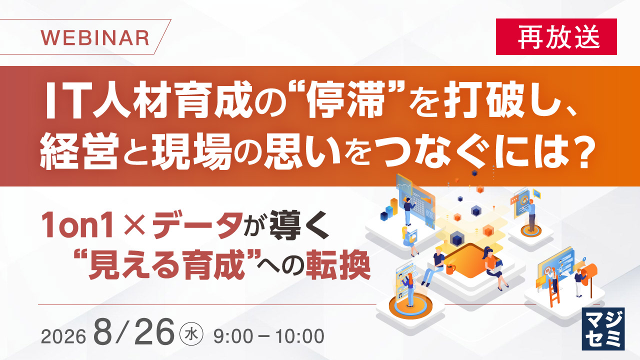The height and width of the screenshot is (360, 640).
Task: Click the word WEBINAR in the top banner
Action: point(95,37)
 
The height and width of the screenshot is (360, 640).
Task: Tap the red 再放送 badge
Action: point(556,36)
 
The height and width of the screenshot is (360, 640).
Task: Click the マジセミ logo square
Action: point(603,329)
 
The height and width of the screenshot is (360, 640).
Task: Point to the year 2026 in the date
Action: point(63,336)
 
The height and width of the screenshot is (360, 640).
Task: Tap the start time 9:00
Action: point(233,336)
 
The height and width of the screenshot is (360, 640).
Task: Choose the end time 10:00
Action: point(300,336)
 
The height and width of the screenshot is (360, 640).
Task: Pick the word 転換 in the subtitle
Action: point(338,265)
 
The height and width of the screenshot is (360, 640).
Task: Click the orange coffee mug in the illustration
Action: point(450,269)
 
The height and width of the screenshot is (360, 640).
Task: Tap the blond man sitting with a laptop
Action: point(433,265)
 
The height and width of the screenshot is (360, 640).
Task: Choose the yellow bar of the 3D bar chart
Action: point(394,206)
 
